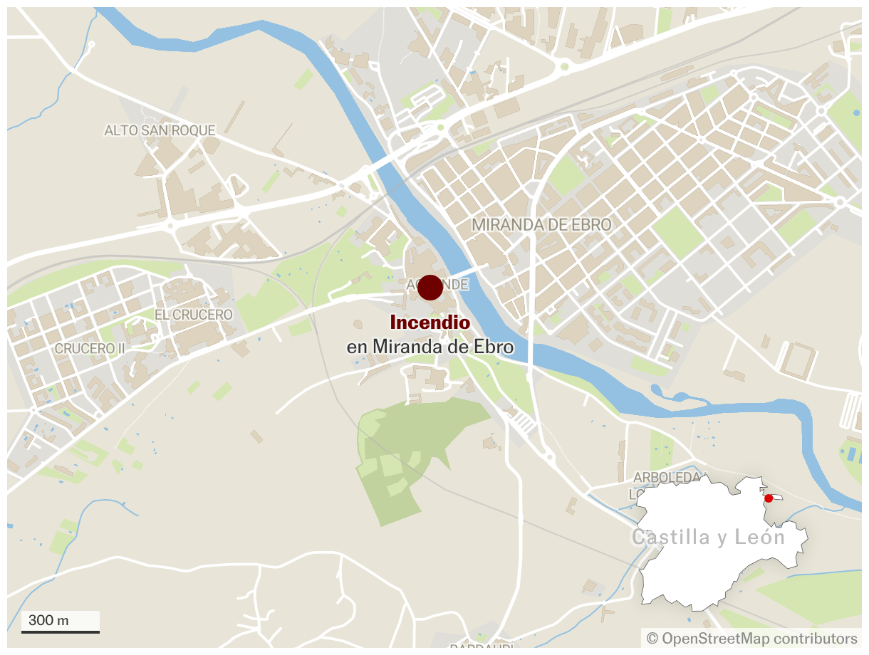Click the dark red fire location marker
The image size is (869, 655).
[430, 288]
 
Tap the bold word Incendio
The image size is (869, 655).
[430, 323]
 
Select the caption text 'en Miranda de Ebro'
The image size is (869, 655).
[430, 347]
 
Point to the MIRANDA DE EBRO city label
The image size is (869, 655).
[541, 225]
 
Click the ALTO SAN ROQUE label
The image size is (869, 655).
[160, 130]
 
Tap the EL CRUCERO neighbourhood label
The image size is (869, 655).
[194, 315]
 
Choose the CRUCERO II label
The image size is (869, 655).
[85, 349]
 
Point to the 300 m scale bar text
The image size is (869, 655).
[48, 620]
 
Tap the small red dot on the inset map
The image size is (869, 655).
[769, 498]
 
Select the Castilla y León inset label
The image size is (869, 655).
[708, 537]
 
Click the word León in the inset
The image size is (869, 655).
[761, 537]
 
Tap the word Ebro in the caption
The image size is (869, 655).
[494, 347]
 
